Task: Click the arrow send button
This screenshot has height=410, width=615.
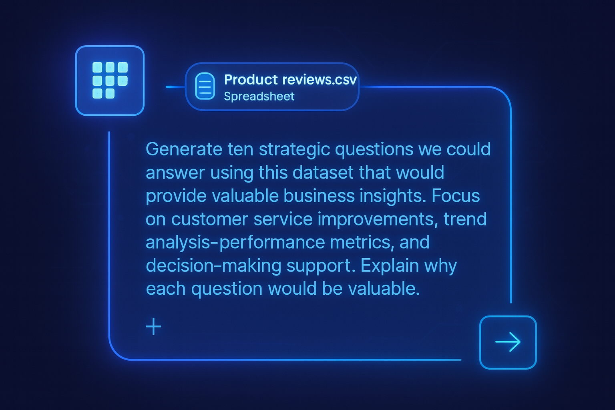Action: click(x=508, y=342)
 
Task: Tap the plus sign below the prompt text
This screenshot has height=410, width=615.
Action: click(x=153, y=327)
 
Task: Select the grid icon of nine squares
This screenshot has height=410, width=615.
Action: click(x=110, y=80)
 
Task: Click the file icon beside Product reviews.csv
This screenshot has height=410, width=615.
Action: click(x=205, y=86)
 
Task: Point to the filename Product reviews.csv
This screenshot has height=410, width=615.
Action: click(x=290, y=80)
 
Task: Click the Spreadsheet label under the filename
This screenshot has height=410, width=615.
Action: click(x=259, y=96)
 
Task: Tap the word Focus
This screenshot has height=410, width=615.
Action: click(x=456, y=196)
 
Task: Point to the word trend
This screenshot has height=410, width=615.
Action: click(x=465, y=219)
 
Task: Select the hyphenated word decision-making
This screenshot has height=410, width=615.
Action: click(x=213, y=265)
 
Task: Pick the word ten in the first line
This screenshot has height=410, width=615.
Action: click(x=240, y=149)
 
